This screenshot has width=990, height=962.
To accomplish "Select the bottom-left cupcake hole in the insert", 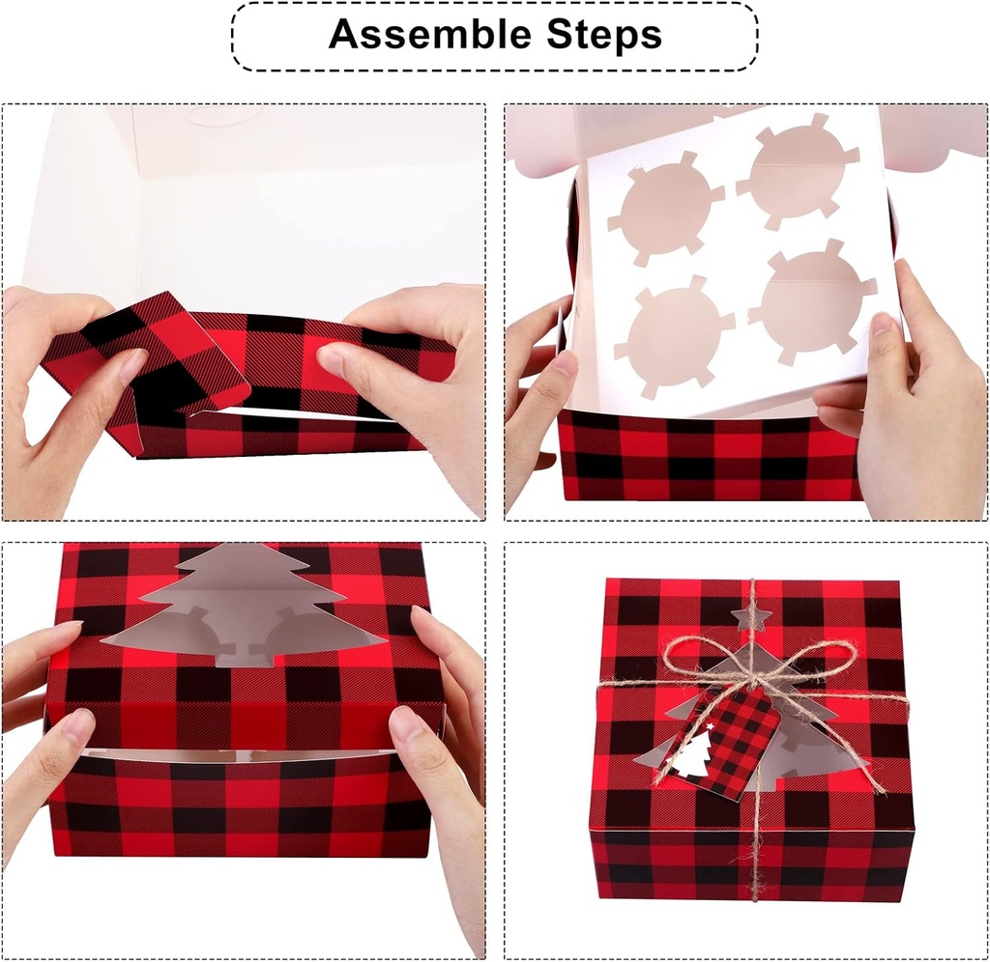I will [x=676, y=334].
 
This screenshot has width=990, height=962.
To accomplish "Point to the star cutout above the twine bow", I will [x=749, y=615].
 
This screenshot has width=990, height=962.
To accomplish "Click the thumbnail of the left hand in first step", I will [x=131, y=363].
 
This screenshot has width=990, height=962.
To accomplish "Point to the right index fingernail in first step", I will [x=330, y=359].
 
